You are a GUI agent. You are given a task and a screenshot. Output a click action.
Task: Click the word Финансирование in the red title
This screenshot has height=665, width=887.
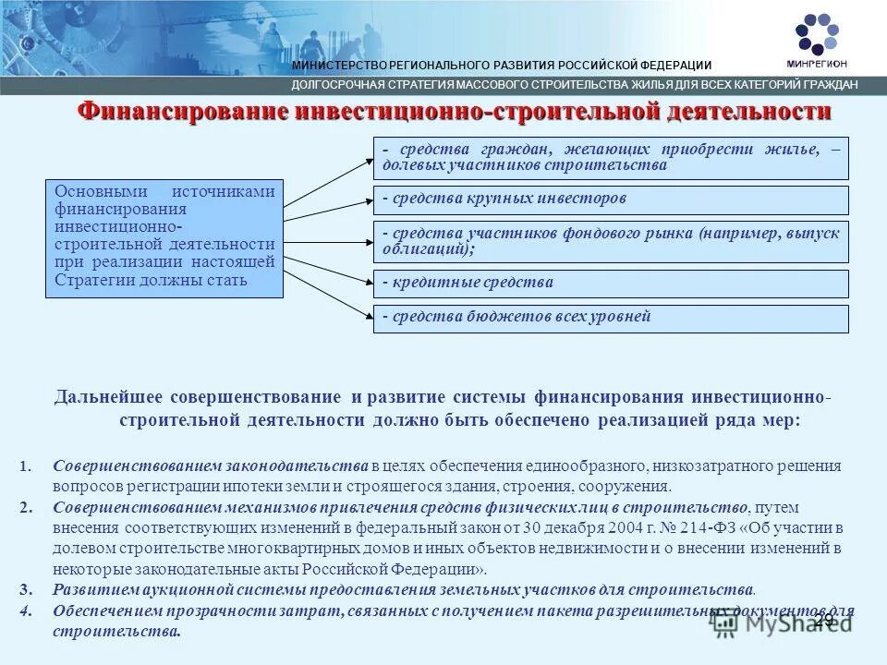tap(181, 113)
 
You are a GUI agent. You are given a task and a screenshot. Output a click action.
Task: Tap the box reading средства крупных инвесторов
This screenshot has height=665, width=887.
tap(611, 199)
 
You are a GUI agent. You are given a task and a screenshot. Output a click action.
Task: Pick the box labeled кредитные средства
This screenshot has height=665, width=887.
tap(611, 284)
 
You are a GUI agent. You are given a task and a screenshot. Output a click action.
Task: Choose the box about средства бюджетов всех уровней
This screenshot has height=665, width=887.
tap(611, 318)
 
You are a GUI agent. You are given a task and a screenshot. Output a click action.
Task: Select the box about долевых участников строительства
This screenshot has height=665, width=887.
tap(611, 158)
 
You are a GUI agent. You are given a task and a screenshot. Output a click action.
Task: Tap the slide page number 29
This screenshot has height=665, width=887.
tap(822, 620)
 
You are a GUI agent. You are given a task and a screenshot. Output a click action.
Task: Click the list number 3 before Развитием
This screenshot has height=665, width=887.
tap(24, 589)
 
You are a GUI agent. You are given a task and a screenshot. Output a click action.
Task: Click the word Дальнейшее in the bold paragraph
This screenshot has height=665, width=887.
tap(106, 398)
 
